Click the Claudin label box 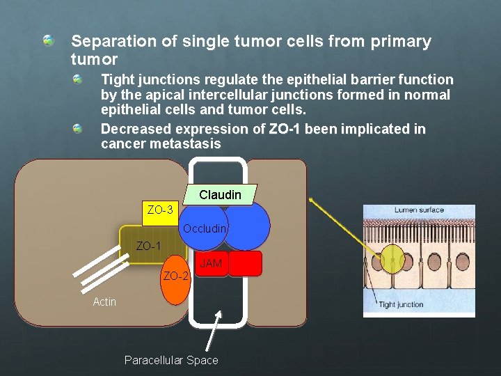click(220, 195)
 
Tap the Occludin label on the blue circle click(205, 228)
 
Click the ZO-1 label click(148, 246)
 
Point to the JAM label click(211, 263)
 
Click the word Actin click(104, 301)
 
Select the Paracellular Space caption click(171, 360)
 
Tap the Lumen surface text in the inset click(419, 210)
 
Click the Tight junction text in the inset click(401, 304)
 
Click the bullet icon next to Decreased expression click(78, 129)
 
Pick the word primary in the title click(403, 42)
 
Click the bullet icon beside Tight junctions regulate click(78, 80)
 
